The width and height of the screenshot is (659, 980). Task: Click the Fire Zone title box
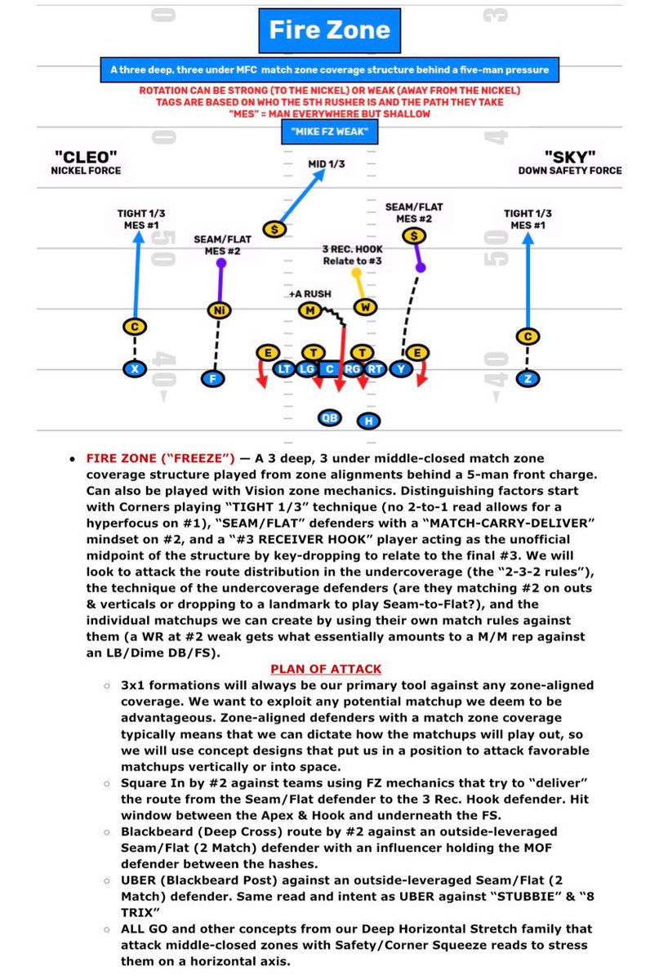coord(329,31)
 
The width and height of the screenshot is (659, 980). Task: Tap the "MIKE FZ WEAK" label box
coord(329,131)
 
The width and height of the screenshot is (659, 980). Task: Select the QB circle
coord(329,417)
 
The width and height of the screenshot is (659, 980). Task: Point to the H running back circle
coord(369,421)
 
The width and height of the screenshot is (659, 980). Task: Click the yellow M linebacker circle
coord(309,310)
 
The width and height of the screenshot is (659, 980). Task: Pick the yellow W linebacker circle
coord(365,306)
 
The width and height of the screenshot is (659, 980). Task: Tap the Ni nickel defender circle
coord(216,310)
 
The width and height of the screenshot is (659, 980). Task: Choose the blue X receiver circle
coord(135,369)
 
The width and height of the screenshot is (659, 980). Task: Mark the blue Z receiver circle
coord(528,378)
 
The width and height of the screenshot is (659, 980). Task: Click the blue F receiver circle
coord(214,378)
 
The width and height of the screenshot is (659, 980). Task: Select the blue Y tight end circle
coord(399,369)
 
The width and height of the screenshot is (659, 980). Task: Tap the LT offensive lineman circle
coord(285,369)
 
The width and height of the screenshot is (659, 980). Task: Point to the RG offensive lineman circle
coord(353,369)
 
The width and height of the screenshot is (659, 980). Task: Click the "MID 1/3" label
coord(326,164)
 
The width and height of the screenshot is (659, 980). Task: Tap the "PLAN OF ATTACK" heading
coord(329,669)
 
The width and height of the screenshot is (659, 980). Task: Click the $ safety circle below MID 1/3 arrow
coord(275,229)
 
